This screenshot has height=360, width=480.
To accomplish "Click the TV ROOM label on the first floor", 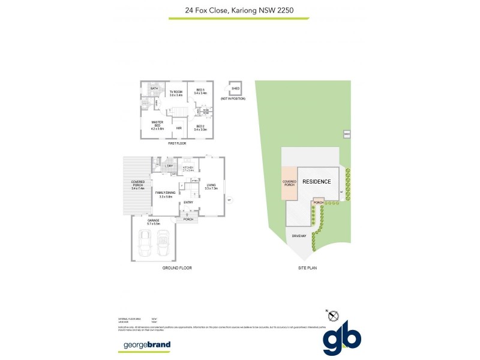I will [175, 93].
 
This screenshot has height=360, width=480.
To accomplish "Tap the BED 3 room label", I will [201, 91].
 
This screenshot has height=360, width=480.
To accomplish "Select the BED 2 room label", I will [200, 127].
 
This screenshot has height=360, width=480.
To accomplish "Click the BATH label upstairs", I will [154, 88].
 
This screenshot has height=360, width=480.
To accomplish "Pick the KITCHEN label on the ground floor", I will [188, 169].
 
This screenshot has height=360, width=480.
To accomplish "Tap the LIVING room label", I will [211, 187].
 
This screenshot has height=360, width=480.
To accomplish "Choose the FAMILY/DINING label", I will [166, 194].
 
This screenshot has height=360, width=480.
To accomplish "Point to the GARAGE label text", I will [154, 221].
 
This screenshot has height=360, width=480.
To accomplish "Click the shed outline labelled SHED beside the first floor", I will [235, 89].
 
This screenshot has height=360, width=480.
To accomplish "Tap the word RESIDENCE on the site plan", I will [316, 181].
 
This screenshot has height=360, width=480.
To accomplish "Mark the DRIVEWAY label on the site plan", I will [299, 235].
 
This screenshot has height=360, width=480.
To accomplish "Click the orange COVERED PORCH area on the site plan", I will [289, 183].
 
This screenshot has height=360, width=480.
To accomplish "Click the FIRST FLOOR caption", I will [177, 144].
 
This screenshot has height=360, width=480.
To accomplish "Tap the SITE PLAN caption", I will [307, 268].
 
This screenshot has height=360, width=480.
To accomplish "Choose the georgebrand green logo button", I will [147, 345].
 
